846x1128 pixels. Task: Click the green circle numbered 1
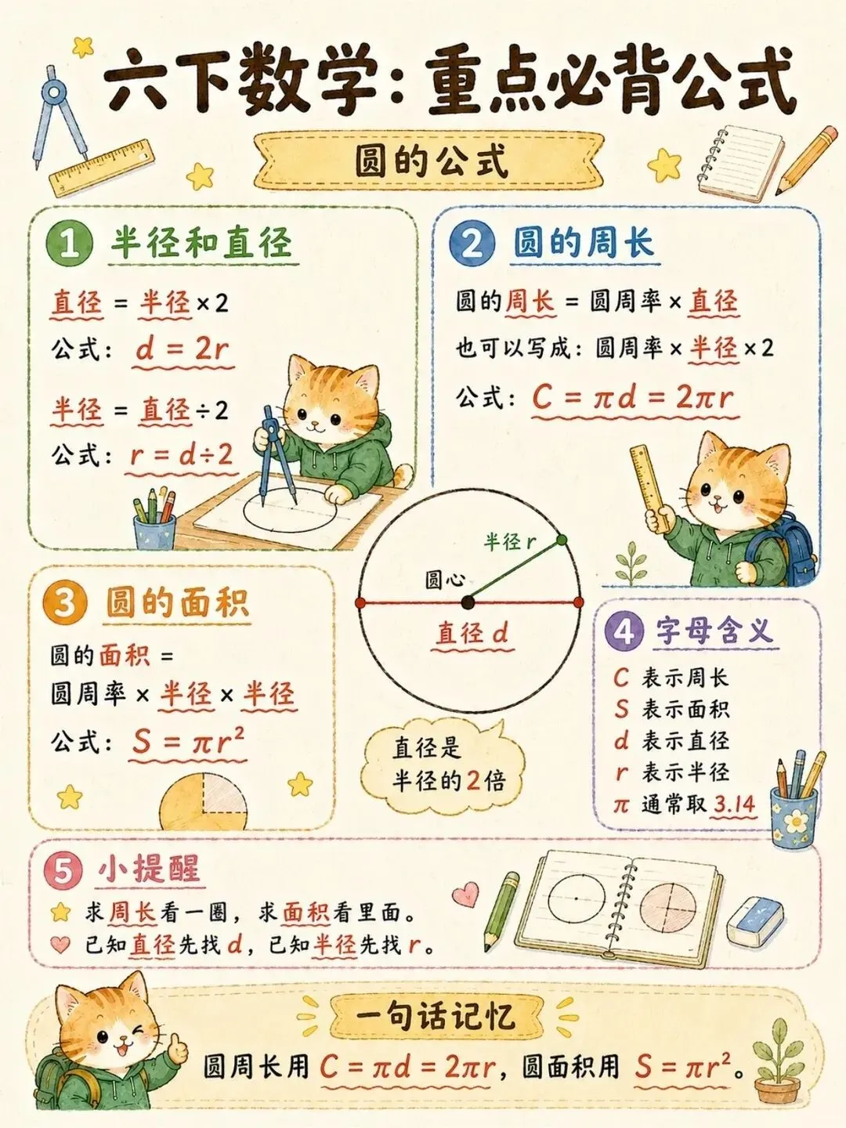pyautogui.click(x=70, y=244)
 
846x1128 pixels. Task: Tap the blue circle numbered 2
pyautogui.click(x=472, y=244)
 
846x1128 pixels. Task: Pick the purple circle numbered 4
pyautogui.click(x=624, y=631)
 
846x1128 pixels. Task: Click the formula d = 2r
pyautogui.click(x=183, y=350)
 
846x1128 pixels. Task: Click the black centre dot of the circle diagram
pyautogui.click(x=468, y=603)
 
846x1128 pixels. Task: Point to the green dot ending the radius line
pyautogui.click(x=562, y=540)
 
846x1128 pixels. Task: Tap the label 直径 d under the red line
pyautogui.click(x=472, y=633)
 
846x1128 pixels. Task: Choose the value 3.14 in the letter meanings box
pyautogui.click(x=734, y=804)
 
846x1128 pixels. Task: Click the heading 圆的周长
pyautogui.click(x=584, y=243)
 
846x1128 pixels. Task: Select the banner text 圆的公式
pyautogui.click(x=431, y=161)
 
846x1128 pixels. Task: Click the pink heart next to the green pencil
pyautogui.click(x=465, y=894)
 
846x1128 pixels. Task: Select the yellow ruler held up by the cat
pyautogui.click(x=650, y=489)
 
